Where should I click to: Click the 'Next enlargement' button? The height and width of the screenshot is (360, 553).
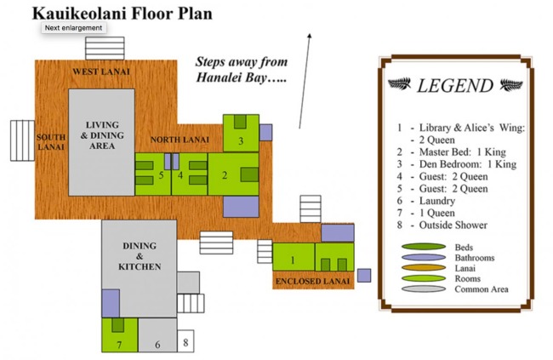pos(74,27)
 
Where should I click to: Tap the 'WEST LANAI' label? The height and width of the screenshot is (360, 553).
pos(100,71)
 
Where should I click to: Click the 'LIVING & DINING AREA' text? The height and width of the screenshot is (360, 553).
pos(101,134)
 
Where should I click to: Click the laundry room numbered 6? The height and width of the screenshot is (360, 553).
pos(157,344)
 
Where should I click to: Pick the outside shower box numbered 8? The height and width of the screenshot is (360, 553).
pos(185,343)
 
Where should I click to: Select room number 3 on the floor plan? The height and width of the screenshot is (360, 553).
pos(241,140)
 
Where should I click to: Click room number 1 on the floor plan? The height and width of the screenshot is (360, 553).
pos(292,259)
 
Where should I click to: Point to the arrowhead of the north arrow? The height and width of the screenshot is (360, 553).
pos(309,36)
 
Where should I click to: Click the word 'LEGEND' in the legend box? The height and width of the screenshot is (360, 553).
pos(454,86)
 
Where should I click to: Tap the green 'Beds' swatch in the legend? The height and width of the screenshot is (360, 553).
pos(420,247)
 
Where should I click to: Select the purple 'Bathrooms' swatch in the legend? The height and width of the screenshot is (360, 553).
pos(420,257)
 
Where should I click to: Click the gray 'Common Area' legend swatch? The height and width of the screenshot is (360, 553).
pos(420,289)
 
